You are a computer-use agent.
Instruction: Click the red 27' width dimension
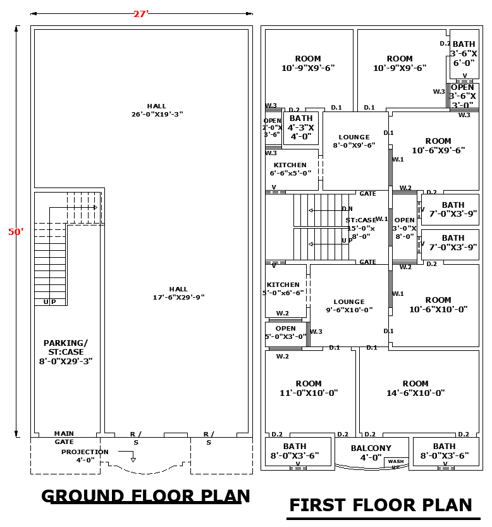pos(140,14)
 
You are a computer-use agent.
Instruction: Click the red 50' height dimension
pos(16,232)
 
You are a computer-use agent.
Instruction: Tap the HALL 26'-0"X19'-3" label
pos(157,110)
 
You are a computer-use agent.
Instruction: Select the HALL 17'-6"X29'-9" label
pos(178,293)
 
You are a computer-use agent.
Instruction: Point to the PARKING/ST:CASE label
pos(66,352)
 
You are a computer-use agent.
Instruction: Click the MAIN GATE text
pos(64,438)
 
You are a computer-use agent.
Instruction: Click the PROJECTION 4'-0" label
pos(85,456)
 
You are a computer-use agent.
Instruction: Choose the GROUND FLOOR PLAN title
pos(145,496)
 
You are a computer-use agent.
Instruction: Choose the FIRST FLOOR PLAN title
pos(381,505)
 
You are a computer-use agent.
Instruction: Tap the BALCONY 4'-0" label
pos(371,452)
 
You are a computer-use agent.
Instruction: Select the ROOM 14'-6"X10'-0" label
pos(415,388)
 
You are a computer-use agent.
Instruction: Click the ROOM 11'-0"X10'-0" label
pos(309,388)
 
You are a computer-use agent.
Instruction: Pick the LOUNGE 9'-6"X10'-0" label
pos(349,306)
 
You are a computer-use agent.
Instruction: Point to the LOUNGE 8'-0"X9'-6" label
pos(354,141)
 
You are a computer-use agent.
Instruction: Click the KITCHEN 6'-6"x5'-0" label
pos(290,169)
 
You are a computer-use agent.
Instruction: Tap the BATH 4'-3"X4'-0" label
pos(301,127)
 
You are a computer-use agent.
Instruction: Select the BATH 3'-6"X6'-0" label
pos(464,53)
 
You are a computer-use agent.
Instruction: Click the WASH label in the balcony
pos(396,462)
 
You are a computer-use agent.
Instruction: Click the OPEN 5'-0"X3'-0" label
pos(285,333)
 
